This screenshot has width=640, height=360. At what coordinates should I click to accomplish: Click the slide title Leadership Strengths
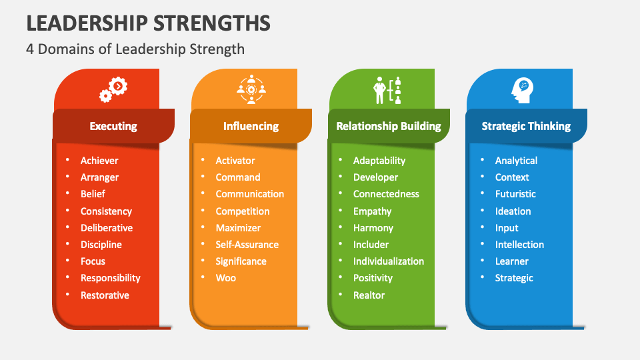pos(148,23)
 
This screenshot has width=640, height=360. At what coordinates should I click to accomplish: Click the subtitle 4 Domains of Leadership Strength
pos(135,49)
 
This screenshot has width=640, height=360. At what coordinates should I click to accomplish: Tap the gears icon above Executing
pos(113,89)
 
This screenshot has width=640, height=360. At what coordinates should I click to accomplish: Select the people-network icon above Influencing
pos(251,89)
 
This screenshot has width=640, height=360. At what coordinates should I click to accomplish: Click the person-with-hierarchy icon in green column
pos(388,90)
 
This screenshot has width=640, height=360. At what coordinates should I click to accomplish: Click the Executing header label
pos(113,126)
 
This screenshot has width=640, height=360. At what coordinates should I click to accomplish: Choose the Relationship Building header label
pos(388,126)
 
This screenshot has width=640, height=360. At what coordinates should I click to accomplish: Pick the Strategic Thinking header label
pos(526,126)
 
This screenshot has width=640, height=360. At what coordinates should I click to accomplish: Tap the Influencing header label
pos(251,126)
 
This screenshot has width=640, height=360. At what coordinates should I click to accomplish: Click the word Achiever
pos(99,161)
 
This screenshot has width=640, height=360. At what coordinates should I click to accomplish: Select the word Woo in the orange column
pos(225,278)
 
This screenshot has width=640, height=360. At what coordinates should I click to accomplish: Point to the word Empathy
pos(372,211)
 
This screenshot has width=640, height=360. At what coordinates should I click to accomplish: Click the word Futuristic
pos(515,194)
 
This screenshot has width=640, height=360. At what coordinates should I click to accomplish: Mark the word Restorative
pos(105,295)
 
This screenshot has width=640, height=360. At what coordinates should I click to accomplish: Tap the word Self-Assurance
pos(247,245)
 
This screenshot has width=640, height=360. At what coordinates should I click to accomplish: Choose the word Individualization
pos(388,261)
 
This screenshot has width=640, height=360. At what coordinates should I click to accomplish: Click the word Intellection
pos(519,245)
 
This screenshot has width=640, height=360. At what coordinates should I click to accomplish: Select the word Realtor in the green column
pos(369,295)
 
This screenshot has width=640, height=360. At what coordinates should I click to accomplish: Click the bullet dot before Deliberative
pos(67,228)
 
